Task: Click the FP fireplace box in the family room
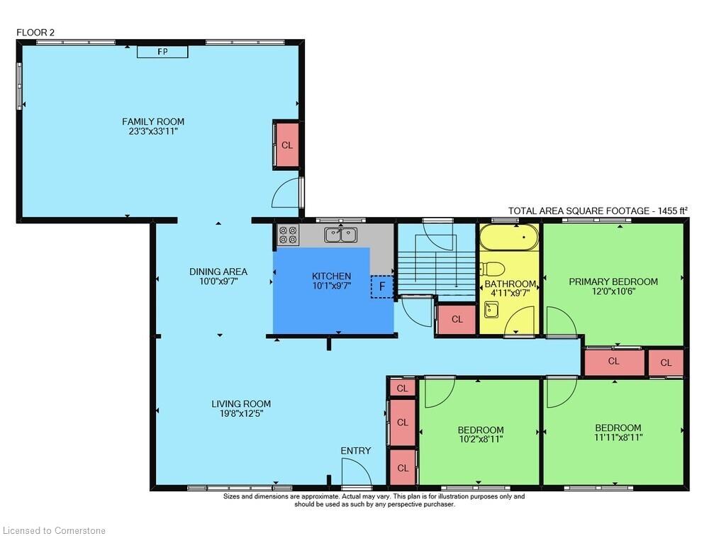pyautogui.click(x=162, y=52)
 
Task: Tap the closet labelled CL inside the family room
pyautogui.click(x=286, y=145)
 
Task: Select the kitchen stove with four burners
pyautogui.click(x=288, y=235)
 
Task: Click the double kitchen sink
pyautogui.click(x=340, y=235)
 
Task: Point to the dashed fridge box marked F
pyautogui.click(x=382, y=286)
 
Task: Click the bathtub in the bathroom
pyautogui.click(x=509, y=237)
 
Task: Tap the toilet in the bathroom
pyautogui.click(x=493, y=269)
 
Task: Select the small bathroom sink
pyautogui.click(x=491, y=311)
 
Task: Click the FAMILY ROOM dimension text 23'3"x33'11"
pyautogui.click(x=153, y=132)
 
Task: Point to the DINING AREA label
pyautogui.click(x=218, y=272)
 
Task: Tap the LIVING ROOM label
pyautogui.click(x=241, y=403)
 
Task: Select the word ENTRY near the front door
pyautogui.click(x=356, y=450)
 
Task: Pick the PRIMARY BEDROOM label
pyautogui.click(x=613, y=281)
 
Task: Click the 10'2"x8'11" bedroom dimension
pyautogui.click(x=480, y=439)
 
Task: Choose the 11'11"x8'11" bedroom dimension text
pyautogui.click(x=618, y=437)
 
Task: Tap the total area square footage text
pyautogui.click(x=598, y=211)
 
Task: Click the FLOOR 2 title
pyautogui.click(x=35, y=33)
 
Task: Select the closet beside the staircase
pyautogui.click(x=457, y=319)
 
